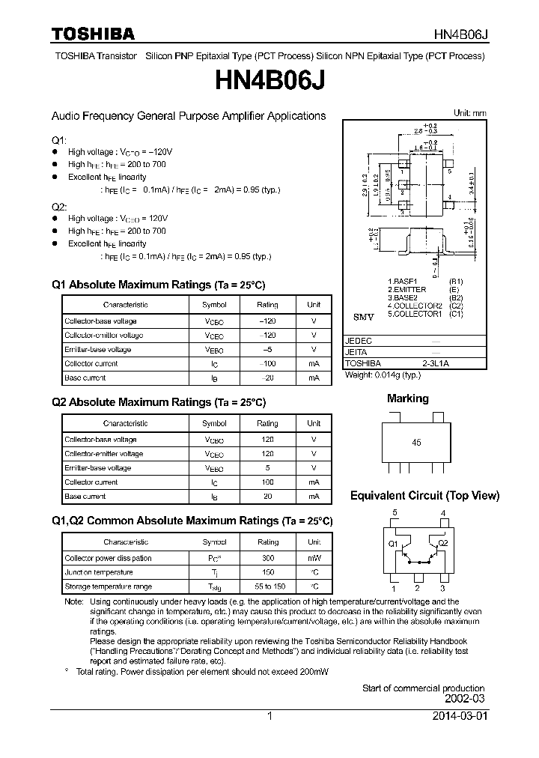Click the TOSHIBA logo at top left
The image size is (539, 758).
(x=92, y=33)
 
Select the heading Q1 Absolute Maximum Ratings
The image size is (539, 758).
(x=159, y=285)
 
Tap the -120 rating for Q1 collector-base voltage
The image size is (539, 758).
(x=267, y=321)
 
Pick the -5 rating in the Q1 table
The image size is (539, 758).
(x=267, y=349)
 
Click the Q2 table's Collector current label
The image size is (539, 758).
(x=91, y=482)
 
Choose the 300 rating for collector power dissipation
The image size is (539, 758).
(x=267, y=558)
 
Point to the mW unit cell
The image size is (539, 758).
(x=314, y=558)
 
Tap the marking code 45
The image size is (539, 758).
(x=417, y=443)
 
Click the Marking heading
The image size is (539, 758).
(x=408, y=399)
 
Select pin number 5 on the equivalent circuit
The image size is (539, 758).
(x=395, y=513)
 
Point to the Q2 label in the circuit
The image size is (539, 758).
(x=442, y=543)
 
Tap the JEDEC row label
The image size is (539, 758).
(x=358, y=340)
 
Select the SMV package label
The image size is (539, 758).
(x=363, y=318)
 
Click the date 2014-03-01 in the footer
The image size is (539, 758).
(x=459, y=716)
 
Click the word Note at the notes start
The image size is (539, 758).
(x=73, y=601)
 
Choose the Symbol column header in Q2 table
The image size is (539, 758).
(x=214, y=423)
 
